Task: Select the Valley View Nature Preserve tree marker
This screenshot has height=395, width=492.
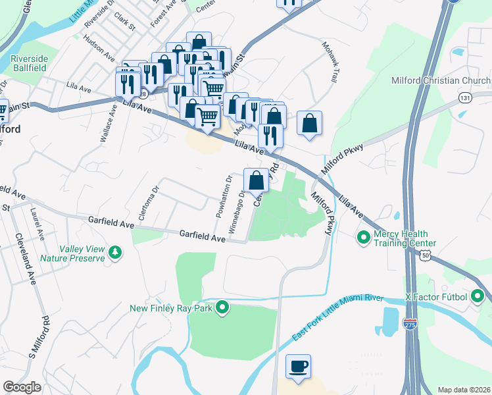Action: pyautogui.click(x=116, y=252)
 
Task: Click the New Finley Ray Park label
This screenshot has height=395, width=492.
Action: pyautogui.click(x=172, y=307)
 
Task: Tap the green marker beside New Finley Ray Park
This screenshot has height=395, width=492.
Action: pyautogui.click(x=223, y=307)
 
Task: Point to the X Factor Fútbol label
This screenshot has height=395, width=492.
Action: pyautogui.click(x=436, y=296)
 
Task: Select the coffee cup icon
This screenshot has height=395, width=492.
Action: pyautogui.click(x=298, y=365)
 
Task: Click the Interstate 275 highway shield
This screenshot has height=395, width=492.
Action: pyautogui.click(x=411, y=327)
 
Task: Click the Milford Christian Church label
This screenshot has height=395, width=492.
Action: pyautogui.click(x=441, y=81)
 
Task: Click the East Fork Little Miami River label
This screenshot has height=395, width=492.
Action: pyautogui.click(x=337, y=317)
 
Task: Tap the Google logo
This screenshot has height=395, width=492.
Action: pyautogui.click(x=22, y=387)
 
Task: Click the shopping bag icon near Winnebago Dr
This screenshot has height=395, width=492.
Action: pyautogui.click(x=256, y=179)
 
